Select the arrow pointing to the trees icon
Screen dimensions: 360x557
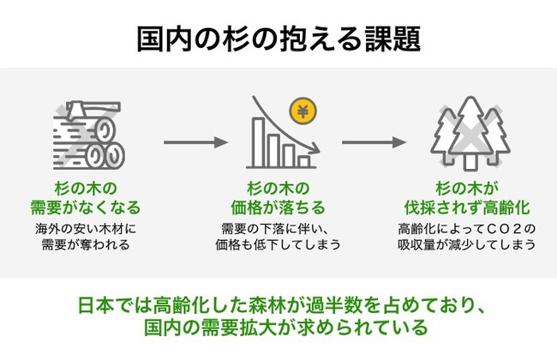(x=373, y=140)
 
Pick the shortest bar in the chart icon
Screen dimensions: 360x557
(x=304, y=160)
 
